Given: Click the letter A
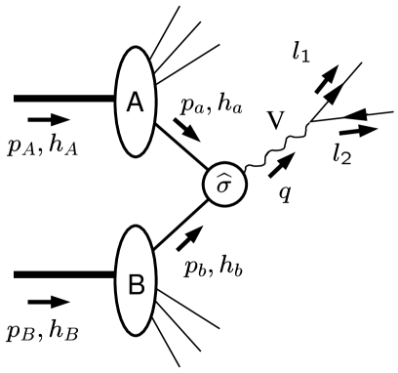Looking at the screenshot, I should click(x=135, y=102).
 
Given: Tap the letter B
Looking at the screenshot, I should click(x=136, y=284).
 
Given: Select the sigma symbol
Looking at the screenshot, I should click(x=223, y=186).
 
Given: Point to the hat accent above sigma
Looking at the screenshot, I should click(x=224, y=177).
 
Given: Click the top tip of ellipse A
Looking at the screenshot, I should click(x=136, y=50).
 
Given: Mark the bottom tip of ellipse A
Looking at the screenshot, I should click(x=136, y=153).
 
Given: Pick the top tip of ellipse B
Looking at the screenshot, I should click(x=136, y=229).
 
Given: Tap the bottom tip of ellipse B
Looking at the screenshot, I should click(x=136, y=333).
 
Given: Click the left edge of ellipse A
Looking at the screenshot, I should click(x=118, y=102).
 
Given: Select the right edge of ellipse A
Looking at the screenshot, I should click(x=153, y=102).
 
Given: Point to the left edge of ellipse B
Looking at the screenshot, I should click(x=118, y=281).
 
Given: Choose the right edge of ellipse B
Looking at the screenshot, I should click(x=153, y=281).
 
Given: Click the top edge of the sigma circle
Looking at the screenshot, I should click(x=224, y=166).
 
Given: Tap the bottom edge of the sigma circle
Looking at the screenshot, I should click(x=224, y=205).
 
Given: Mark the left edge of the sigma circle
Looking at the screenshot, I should click(x=206, y=186).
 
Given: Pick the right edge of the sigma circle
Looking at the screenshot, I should click(x=244, y=186).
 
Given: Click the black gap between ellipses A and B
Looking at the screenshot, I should click(x=136, y=191).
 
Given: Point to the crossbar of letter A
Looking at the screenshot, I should click(x=135, y=105).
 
